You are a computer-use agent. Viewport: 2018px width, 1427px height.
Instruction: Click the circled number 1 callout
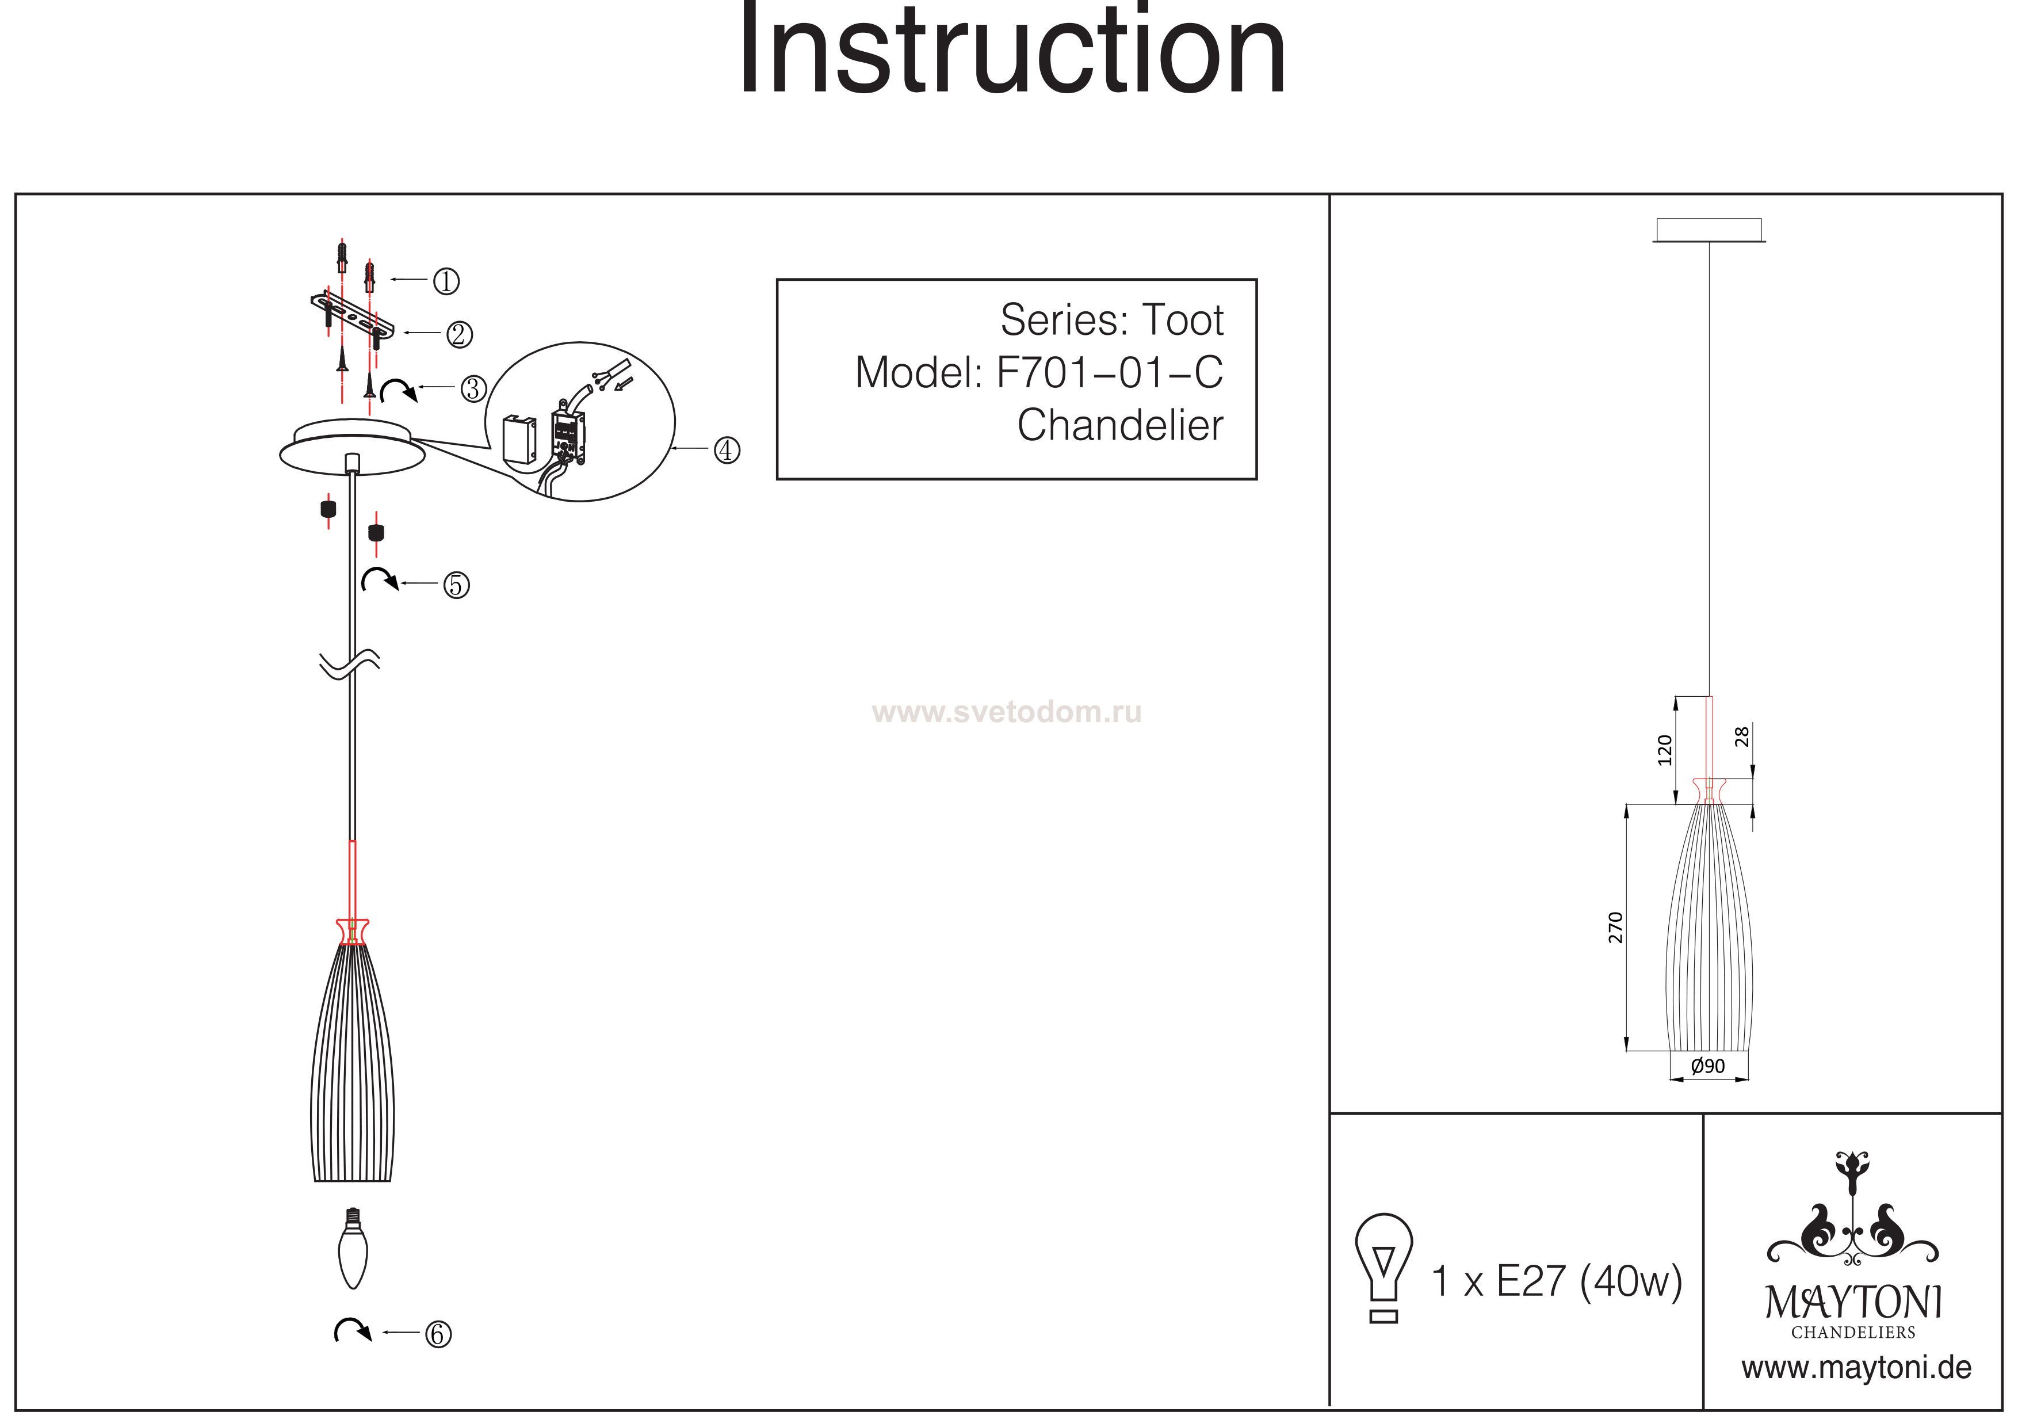point(446,281)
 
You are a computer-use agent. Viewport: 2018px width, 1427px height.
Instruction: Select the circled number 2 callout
point(459,334)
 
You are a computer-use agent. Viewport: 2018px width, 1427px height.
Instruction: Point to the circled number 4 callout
point(726,450)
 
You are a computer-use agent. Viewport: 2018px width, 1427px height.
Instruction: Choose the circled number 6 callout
point(438,1334)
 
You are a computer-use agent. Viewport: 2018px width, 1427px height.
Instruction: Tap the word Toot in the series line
point(1182,320)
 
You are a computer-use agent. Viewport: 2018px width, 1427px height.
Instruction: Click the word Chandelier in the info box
point(1120,426)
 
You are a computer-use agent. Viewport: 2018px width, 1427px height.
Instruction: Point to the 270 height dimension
point(1615,928)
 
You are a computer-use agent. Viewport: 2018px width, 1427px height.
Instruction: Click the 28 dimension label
point(1742,737)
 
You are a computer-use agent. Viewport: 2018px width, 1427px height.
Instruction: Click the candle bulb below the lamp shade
point(353,1249)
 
